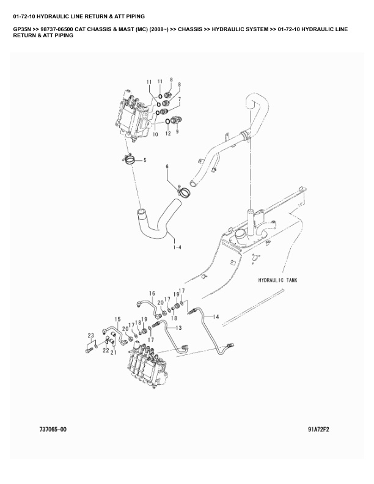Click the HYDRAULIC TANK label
tap(277, 280)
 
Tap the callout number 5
tap(145, 160)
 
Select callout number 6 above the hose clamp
tap(167, 167)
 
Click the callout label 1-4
tap(177, 247)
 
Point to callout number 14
tap(216, 317)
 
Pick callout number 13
tap(178, 328)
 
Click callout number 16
tap(152, 293)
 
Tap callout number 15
tap(117, 319)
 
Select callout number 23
tap(90, 335)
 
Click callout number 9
tap(177, 131)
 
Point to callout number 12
tap(168, 134)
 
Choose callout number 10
tap(155, 134)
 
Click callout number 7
tap(179, 99)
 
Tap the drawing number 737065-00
tap(53, 430)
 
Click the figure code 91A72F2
tap(318, 430)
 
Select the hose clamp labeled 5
tap(130, 159)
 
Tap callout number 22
tap(106, 351)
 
